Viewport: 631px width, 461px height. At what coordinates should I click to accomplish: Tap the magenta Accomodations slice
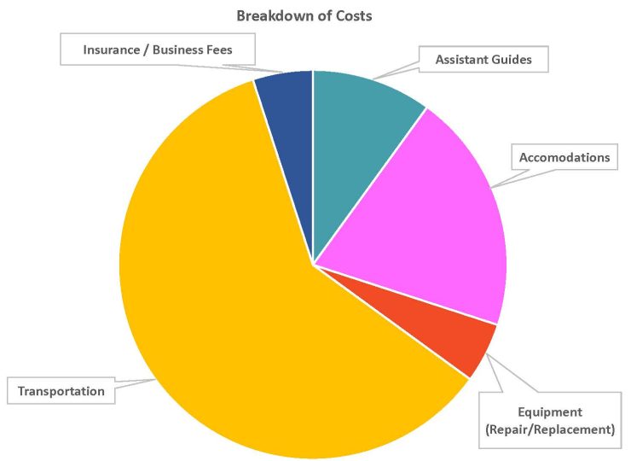pos(435,213)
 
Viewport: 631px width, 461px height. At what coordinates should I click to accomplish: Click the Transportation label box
pos(61,391)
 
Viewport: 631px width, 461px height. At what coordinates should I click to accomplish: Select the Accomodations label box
pos(564,157)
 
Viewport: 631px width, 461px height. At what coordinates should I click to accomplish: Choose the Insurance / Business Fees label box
pos(157,50)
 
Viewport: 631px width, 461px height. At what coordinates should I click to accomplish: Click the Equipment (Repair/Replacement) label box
pos(549,421)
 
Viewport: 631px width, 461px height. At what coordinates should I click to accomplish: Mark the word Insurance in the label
pos(112,50)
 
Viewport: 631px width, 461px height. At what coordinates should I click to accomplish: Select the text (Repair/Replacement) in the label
pos(549,429)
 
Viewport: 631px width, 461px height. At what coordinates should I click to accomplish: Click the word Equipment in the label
pos(549,412)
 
